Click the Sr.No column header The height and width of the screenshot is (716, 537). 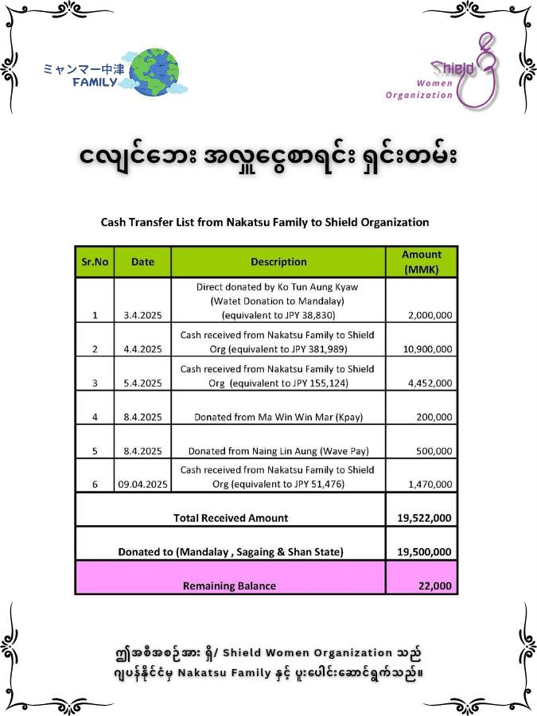tap(95, 262)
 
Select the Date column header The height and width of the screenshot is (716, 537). tap(142, 262)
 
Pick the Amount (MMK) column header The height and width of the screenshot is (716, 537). tap(422, 262)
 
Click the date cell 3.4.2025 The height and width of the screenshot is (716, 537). tap(142, 315)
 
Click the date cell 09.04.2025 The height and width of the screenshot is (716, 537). tap(142, 484)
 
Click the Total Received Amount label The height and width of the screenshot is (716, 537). tap(231, 518)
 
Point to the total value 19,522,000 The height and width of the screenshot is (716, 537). tap(424, 518)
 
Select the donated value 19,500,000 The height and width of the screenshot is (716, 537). tap(424, 551)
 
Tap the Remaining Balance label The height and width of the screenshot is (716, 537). tap(230, 586)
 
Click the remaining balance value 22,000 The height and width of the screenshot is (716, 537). tap(435, 586)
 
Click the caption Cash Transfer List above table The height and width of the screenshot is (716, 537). tap(265, 222)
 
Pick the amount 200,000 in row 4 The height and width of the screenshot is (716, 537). tap(434, 417)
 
